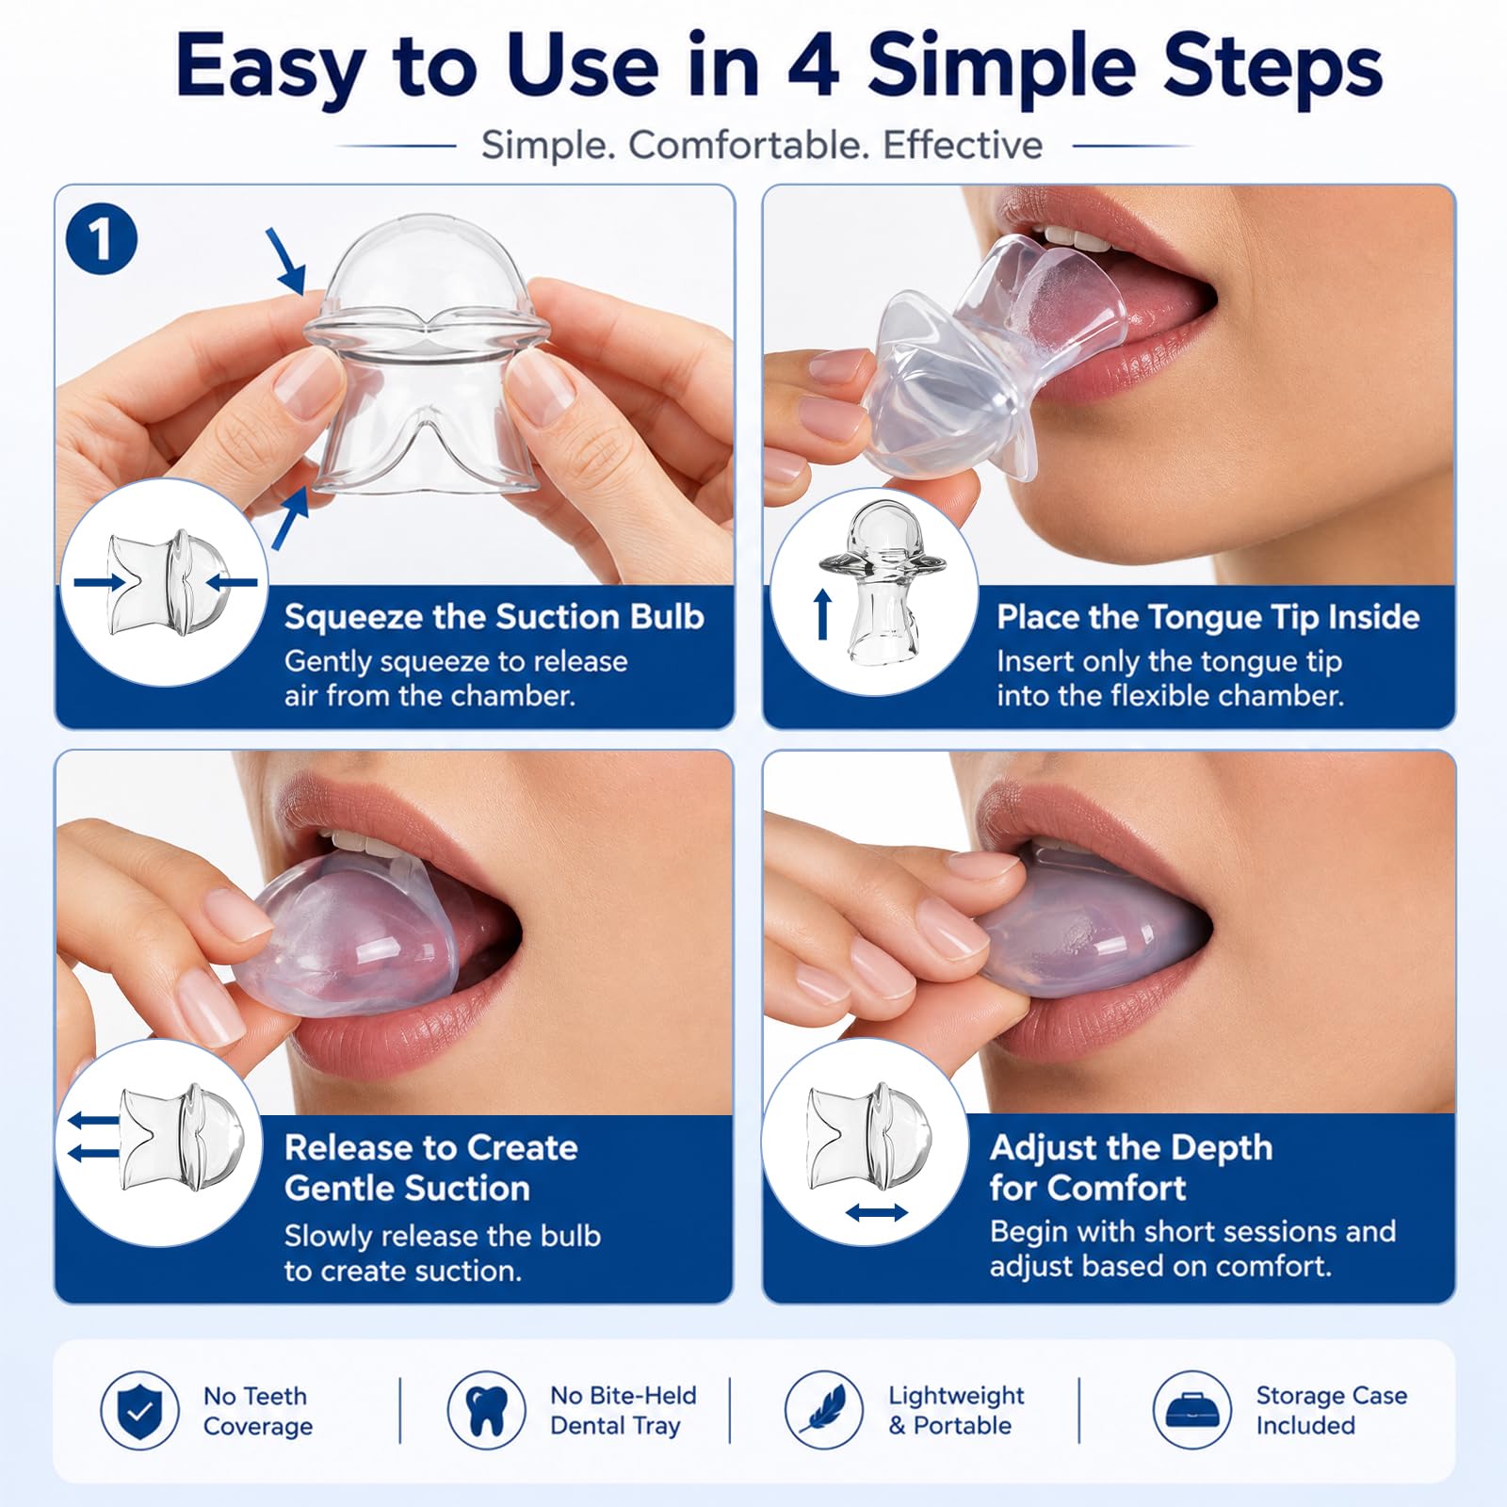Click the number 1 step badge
coord(102,239)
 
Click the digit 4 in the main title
coord(813,66)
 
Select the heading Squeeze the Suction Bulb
coord(494,617)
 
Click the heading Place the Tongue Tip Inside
coord(1208,617)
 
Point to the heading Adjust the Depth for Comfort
coord(1131,1167)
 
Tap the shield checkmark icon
coord(139,1410)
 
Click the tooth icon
coord(486,1410)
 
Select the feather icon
coord(823,1410)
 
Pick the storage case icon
coord(1191,1410)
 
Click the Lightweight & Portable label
coord(956,1410)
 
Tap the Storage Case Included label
coord(1332,1410)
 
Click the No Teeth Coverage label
coord(257,1411)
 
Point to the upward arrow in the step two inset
coord(823,614)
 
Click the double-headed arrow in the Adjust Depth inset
coord(876,1213)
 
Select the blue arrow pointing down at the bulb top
coord(286,261)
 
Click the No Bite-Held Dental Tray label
coord(624,1410)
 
